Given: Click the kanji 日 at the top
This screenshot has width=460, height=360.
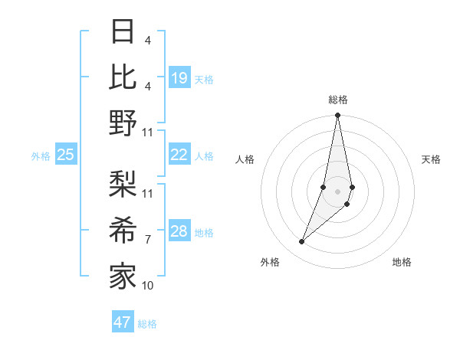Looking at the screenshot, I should [x=123, y=33].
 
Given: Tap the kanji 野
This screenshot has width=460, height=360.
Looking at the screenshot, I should [x=123, y=123].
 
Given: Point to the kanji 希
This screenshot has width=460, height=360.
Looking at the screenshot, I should [x=123, y=230].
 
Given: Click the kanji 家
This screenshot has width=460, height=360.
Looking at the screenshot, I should [x=123, y=276].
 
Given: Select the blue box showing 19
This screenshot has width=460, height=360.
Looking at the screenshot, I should [x=179, y=78].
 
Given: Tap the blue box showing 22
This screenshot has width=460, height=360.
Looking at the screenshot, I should [x=179, y=155].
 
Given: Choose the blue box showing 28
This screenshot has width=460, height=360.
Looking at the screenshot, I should [x=179, y=231].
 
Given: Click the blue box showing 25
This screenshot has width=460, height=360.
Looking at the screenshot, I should [x=66, y=155].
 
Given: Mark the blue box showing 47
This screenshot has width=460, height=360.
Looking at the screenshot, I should [x=123, y=322].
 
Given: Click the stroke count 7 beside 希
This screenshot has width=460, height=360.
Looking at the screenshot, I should [x=147, y=240].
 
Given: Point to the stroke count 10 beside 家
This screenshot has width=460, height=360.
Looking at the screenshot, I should [x=148, y=286].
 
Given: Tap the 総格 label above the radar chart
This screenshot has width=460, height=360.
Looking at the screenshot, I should [x=337, y=100].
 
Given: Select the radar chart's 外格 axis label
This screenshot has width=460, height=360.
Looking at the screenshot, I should [x=270, y=263].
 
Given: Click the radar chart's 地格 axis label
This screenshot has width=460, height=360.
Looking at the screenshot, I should [x=402, y=263].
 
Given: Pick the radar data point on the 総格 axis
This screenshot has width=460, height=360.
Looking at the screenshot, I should [x=337, y=116].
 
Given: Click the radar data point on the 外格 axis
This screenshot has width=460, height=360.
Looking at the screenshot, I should [x=302, y=241].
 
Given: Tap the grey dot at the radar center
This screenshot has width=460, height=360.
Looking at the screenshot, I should [x=337, y=191].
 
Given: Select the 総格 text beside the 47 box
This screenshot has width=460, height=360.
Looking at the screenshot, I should [x=147, y=323].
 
